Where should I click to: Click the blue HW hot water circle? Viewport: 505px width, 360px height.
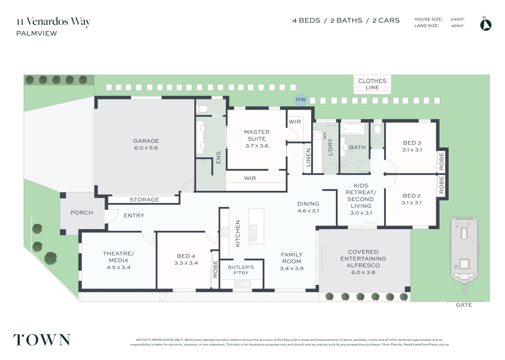coord(301,100)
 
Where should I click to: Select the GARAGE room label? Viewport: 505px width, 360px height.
coord(146,141)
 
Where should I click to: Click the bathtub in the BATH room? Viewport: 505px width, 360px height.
coord(352,129)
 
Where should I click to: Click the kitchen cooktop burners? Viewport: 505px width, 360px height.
coord(225,232)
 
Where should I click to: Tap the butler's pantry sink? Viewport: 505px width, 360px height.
coord(242,284)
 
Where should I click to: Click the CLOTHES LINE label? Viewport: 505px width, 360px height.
coord(372,84)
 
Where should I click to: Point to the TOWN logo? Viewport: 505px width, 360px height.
coord(42,340)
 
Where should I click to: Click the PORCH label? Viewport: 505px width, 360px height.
coord(82,213)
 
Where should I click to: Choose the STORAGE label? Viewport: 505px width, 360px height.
coord(144,200)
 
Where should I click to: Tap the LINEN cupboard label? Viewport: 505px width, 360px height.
coord(308,157)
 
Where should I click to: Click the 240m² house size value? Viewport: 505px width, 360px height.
coord(457,19)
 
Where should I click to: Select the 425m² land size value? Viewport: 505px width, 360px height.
coord(457,26)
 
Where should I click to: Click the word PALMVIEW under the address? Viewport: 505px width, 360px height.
coord(37,33)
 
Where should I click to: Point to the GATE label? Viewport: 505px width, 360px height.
coord(464,305)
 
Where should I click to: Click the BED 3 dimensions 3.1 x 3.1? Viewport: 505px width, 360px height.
coord(412,150)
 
